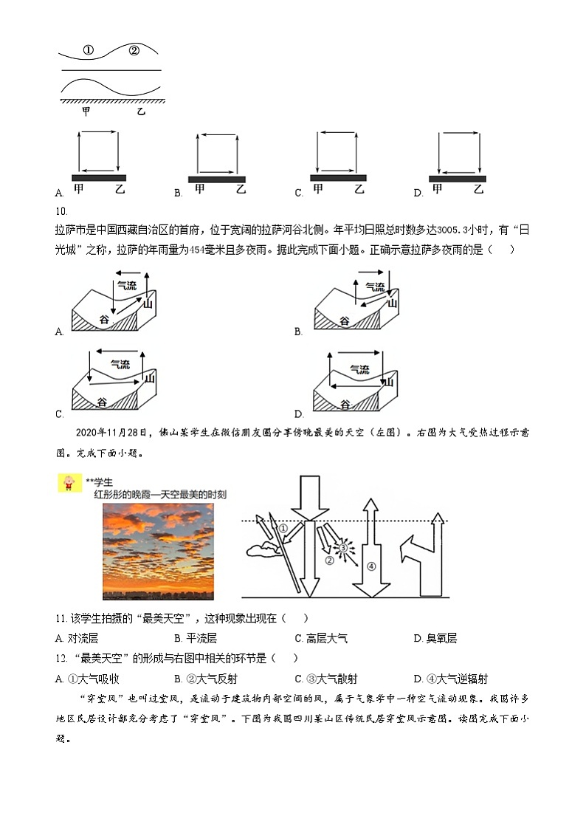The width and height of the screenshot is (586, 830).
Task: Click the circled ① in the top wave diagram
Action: (x=88, y=51)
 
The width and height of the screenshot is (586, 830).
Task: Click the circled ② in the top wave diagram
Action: (x=134, y=51)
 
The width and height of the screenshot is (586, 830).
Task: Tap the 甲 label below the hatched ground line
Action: (x=86, y=112)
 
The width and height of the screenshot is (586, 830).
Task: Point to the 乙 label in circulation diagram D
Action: (x=478, y=190)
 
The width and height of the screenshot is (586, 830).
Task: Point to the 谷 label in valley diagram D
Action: (x=344, y=404)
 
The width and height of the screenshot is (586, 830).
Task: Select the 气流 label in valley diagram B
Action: (x=374, y=287)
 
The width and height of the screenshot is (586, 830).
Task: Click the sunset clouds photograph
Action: (x=158, y=551)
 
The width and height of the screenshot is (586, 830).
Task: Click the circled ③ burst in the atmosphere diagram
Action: (x=342, y=548)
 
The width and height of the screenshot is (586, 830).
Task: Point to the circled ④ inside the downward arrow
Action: (x=371, y=566)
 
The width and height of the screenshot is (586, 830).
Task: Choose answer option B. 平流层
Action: (x=195, y=638)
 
